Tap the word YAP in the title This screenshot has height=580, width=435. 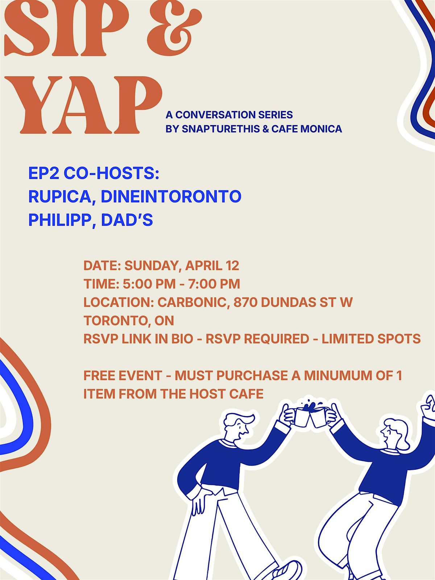(84, 105)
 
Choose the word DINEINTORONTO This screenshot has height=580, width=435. (171, 196)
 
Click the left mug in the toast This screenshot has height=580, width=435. (302, 417)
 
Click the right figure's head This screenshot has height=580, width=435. (395, 433)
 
